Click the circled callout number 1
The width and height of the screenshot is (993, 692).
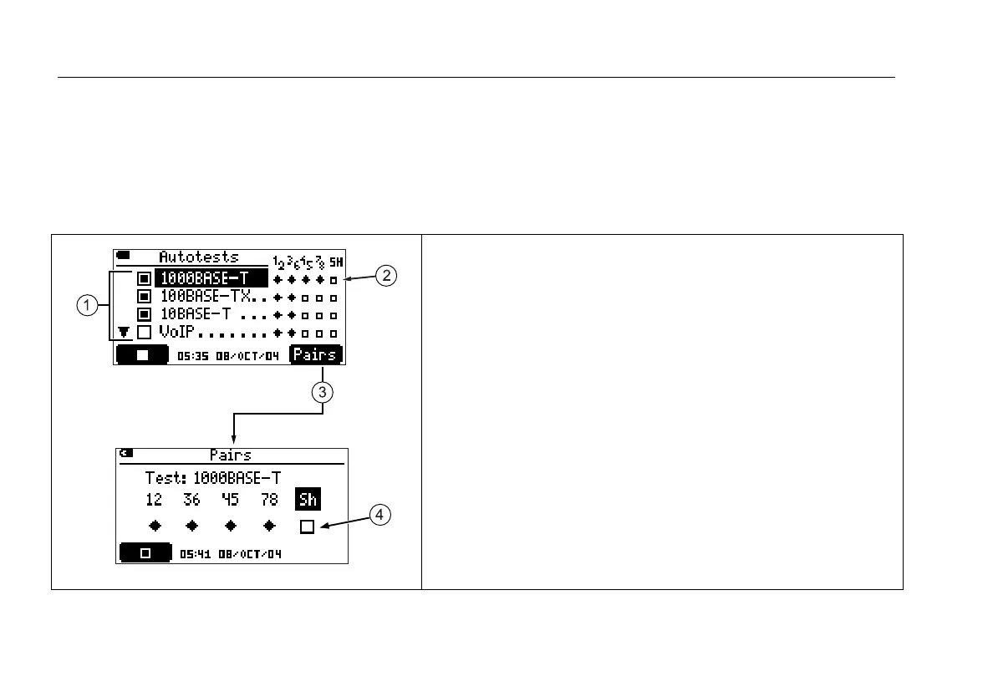tap(85, 306)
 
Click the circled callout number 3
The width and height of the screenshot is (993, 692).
tap(323, 391)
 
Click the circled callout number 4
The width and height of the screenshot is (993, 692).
tap(379, 516)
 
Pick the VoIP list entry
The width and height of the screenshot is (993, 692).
tap(178, 333)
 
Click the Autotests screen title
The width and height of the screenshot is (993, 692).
tap(199, 257)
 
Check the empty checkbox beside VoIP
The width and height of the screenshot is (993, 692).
tap(143, 333)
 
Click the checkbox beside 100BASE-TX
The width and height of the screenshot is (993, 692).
tap(143, 296)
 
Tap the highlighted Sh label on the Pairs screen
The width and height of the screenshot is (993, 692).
tap(308, 500)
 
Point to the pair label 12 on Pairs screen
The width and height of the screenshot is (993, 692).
tap(153, 500)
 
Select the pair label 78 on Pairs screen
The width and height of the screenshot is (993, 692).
tap(268, 500)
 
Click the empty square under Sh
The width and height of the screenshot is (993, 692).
tap(307, 527)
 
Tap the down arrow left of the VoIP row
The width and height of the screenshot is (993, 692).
tap(124, 333)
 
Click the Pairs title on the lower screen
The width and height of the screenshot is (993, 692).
tap(230, 455)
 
